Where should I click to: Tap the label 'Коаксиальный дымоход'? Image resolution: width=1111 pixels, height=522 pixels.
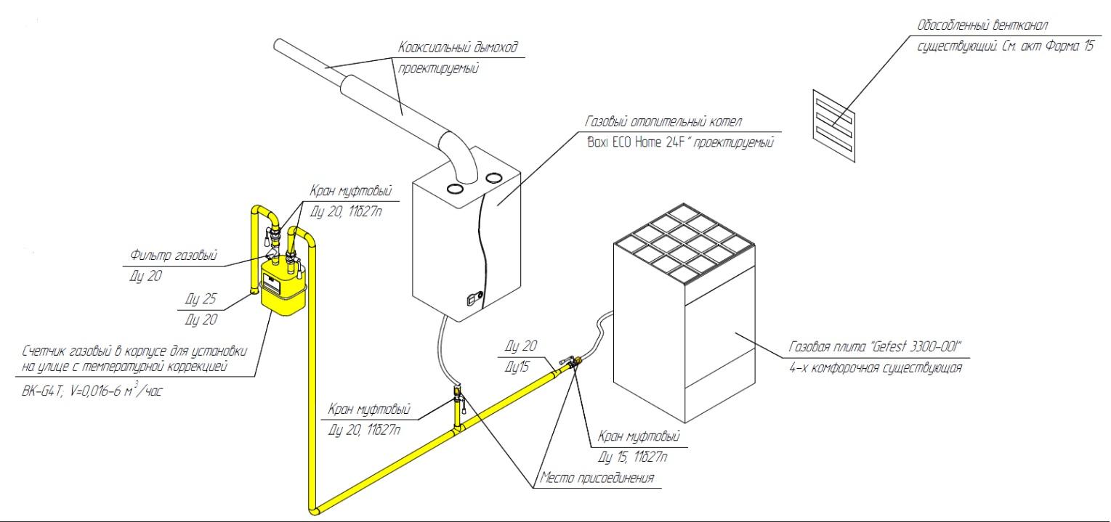(461, 47)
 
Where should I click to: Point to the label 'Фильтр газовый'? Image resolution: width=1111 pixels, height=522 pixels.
(174, 256)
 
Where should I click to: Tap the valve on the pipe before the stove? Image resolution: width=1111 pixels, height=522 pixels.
(570, 362)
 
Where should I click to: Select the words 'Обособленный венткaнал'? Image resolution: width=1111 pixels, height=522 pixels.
(982, 27)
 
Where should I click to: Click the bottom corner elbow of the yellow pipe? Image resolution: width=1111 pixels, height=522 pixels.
(314, 507)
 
